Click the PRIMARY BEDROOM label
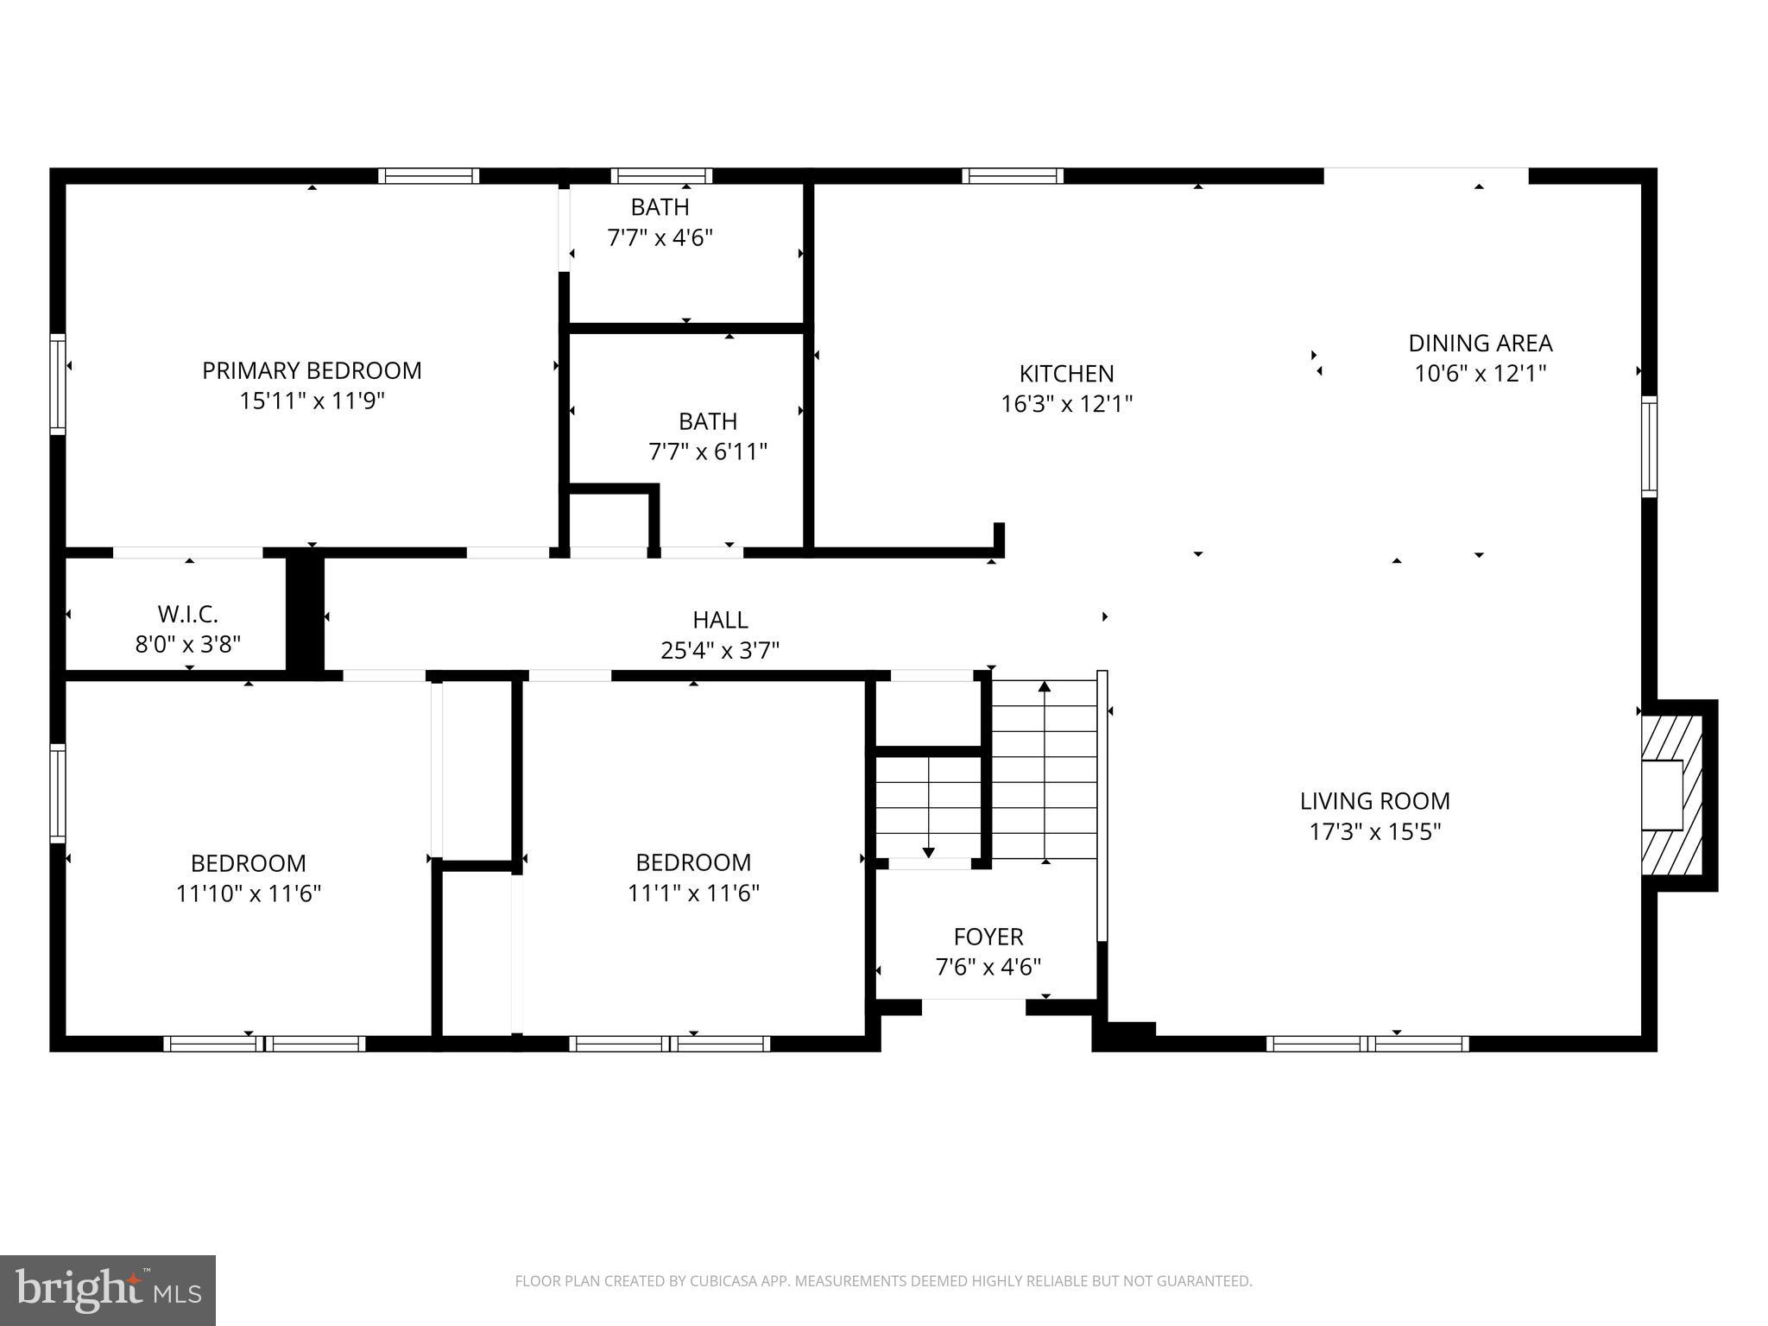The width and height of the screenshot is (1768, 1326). pos(312,370)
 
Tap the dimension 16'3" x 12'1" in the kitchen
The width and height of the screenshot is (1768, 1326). pos(1066,404)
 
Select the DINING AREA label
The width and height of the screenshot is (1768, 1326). pos(1480,344)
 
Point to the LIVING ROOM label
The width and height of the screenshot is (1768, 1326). pos(1374,801)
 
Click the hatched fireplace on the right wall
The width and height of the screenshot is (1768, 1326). pos(1671,795)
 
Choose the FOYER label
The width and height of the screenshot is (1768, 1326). pos(988,937)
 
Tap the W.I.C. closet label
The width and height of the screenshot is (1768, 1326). pos(187,615)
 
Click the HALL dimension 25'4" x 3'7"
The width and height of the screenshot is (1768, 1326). pos(720,650)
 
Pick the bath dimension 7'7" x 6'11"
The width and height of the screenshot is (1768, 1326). pos(708,451)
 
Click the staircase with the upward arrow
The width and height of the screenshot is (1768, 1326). pos(1045,769)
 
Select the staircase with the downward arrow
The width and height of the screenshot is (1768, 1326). pos(928,808)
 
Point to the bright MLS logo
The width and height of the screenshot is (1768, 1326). pos(108,1290)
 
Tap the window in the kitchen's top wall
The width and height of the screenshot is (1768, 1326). pos(1013,176)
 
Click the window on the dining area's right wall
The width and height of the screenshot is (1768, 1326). pos(1649,446)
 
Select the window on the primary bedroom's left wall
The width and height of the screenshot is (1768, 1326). pos(58,383)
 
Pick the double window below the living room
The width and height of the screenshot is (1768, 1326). pos(1367,1044)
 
